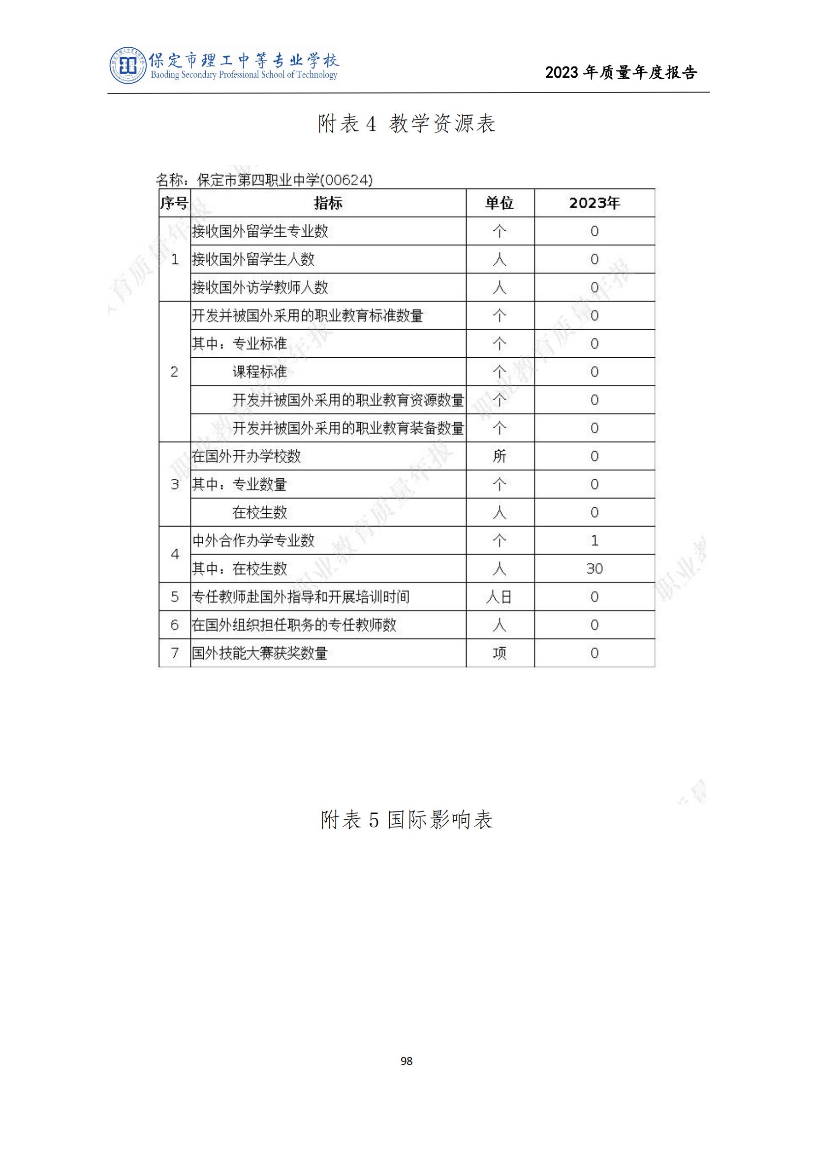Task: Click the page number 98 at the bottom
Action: pos(407,1061)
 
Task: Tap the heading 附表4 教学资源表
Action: pos(407,124)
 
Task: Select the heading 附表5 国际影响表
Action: pos(407,820)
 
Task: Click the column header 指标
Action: pos(328,203)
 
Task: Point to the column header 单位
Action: pos(499,203)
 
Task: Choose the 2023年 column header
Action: pos(594,203)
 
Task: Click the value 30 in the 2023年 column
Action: pos(594,568)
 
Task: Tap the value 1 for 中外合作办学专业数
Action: pos(595,540)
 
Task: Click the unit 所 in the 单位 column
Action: pos(499,456)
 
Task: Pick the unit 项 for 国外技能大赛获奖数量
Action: pos(499,653)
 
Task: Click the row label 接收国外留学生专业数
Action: pos(260,231)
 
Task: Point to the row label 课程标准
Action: pos(260,372)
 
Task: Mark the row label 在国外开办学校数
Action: pos(246,456)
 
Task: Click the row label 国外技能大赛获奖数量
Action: pos(260,653)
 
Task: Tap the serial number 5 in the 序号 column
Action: pos(174,596)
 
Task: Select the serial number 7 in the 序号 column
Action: pos(174,653)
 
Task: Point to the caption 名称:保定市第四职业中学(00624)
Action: pos(264,180)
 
